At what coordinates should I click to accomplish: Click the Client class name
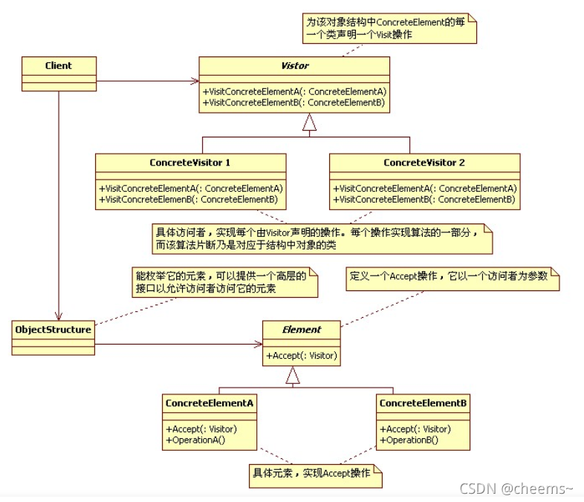59,65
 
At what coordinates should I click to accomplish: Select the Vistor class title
295,65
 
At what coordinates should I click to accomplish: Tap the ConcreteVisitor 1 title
190,162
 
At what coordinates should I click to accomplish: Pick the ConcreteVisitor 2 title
424,162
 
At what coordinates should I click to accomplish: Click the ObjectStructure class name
53,329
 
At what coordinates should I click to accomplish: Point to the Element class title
302,329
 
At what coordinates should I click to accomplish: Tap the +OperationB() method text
409,440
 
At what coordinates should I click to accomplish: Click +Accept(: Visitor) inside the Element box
302,356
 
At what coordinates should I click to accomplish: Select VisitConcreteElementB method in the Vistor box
294,102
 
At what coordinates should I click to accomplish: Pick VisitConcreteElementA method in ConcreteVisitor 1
191,189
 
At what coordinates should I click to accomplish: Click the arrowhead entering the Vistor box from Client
195,80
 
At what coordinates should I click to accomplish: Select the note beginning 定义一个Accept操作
450,276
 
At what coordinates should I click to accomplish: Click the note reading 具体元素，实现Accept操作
314,473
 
